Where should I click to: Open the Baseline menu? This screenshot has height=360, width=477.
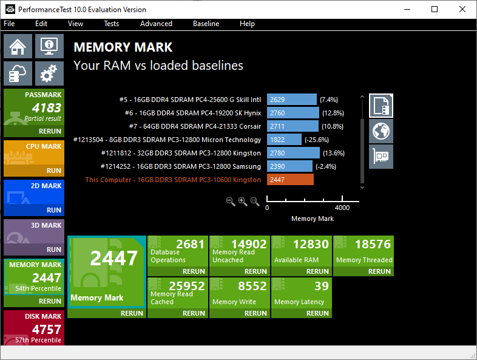point(206,24)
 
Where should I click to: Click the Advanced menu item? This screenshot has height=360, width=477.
point(156,24)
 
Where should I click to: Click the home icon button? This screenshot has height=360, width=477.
point(18,46)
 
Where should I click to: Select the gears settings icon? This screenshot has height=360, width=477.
point(49,73)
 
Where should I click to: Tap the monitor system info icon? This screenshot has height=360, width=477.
point(49,46)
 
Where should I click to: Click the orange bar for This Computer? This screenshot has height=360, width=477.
point(290,180)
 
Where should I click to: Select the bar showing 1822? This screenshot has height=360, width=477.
point(284,140)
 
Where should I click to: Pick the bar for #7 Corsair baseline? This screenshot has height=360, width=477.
point(293,126)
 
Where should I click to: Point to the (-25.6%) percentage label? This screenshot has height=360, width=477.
point(317,140)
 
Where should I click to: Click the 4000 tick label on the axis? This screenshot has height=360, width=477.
point(342,208)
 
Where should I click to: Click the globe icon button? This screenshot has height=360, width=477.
point(381,131)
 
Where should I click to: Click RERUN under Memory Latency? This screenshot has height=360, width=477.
point(317,313)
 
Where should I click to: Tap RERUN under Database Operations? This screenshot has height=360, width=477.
point(194,271)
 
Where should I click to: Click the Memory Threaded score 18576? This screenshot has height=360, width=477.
point(373,244)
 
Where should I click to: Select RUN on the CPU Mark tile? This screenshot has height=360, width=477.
point(54,171)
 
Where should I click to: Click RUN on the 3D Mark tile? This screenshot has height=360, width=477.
point(54,250)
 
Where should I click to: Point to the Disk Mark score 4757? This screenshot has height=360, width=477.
point(47,330)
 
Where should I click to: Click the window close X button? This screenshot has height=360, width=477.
point(462,9)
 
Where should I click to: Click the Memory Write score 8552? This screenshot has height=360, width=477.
point(252,286)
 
